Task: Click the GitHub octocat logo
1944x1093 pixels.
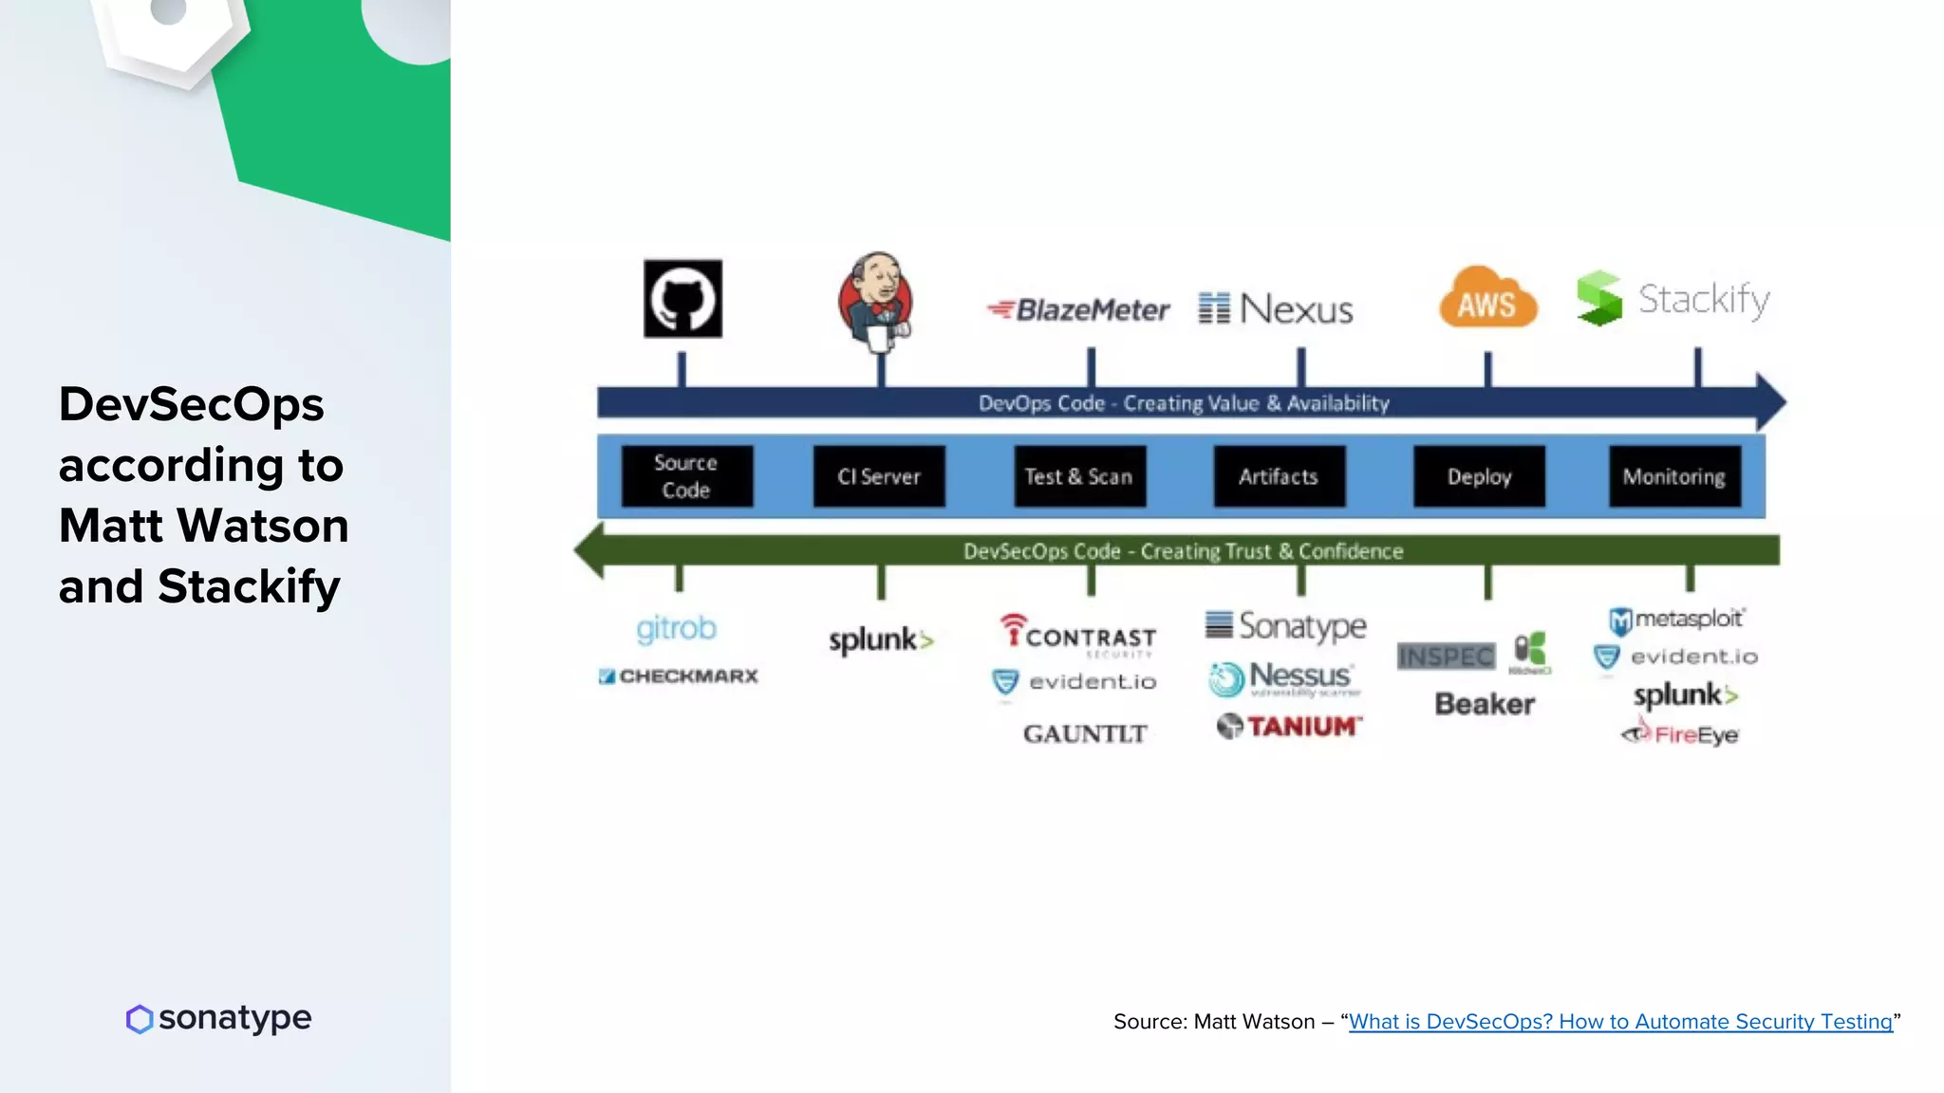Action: coord(682,299)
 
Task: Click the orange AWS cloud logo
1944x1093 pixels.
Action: coord(1487,301)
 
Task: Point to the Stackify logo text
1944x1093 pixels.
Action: coord(1703,300)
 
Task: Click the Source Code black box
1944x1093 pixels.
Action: coord(686,476)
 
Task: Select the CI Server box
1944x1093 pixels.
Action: coord(879,476)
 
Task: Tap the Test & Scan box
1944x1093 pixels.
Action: coord(1079,476)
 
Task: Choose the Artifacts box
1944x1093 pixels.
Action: coord(1279,476)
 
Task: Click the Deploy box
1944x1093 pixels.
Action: coord(1479,476)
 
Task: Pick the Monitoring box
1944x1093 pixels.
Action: coord(1674,476)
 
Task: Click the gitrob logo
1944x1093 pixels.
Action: coord(676,629)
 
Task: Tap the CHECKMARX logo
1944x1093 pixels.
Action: coord(679,676)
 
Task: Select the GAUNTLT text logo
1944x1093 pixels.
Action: coord(1085,733)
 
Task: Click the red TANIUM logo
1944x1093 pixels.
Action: coord(1290,727)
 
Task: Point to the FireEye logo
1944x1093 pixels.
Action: coord(1681,734)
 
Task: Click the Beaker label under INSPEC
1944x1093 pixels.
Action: coord(1485,704)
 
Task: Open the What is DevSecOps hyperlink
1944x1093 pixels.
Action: coord(1620,1022)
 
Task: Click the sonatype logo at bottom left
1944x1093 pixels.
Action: coord(218,1018)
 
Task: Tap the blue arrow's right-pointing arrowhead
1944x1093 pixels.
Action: coord(1769,402)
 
